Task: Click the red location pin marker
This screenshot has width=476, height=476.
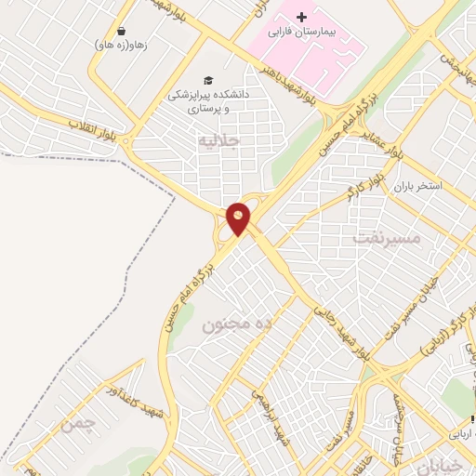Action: (x=239, y=218)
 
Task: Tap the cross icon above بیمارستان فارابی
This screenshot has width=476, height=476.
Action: (x=300, y=18)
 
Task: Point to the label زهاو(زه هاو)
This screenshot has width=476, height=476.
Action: (x=120, y=43)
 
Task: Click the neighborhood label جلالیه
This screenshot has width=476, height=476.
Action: (x=219, y=139)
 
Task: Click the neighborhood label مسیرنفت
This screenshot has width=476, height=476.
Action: (x=388, y=238)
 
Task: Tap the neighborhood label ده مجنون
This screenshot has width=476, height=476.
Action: (x=236, y=324)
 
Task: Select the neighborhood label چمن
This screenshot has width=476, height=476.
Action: (x=78, y=425)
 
